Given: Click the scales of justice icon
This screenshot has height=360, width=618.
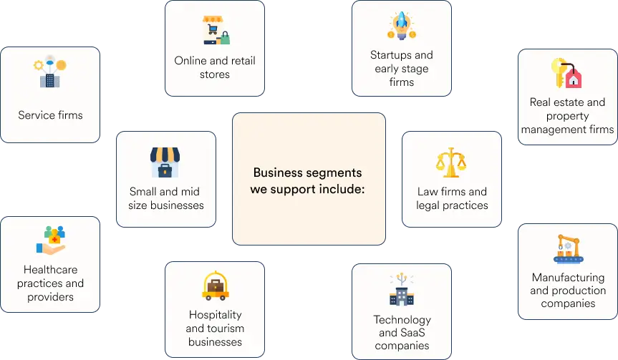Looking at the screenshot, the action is pos(451,162).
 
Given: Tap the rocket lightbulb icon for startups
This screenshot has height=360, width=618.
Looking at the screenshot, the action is pos(401,26).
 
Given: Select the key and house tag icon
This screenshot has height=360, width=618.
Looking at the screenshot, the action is pos(566,73).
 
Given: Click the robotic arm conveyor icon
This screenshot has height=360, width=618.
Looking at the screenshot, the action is pos(568,248).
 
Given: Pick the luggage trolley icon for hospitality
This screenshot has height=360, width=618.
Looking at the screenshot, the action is pos(216,286).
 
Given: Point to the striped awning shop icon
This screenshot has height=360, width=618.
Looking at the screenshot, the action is pos(165,162).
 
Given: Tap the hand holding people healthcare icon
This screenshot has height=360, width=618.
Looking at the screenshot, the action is pos(50,240).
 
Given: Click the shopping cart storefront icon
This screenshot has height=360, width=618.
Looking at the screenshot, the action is pos(216,30).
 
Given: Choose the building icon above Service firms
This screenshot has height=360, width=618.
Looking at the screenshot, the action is pos(50,72).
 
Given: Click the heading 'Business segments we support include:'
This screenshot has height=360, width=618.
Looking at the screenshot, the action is pos(307,181).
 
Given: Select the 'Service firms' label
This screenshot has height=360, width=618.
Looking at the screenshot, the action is pos(50,115).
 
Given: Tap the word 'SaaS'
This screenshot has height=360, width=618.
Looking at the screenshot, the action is pos(413,332).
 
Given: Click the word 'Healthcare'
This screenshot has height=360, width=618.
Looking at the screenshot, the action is pos(50,269).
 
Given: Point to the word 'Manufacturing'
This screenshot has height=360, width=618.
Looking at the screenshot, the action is pos(568,278).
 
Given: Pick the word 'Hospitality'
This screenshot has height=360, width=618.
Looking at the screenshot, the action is pos(216,315).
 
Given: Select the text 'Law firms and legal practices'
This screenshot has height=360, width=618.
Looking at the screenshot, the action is pos(452,198).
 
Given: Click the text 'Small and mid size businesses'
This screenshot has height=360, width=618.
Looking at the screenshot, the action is pos(166,198).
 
